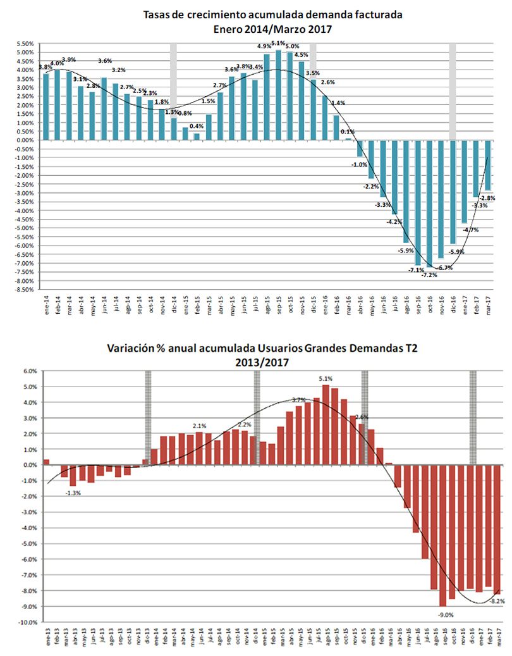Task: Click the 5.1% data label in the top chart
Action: [x=278, y=44]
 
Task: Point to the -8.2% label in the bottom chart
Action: [x=497, y=601]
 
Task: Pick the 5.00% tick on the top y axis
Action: [x=25, y=53]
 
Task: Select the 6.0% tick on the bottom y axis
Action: [x=30, y=371]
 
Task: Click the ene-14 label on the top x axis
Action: [x=46, y=306]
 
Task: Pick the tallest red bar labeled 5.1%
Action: [x=326, y=424]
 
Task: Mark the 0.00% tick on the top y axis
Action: [x=25, y=140]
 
